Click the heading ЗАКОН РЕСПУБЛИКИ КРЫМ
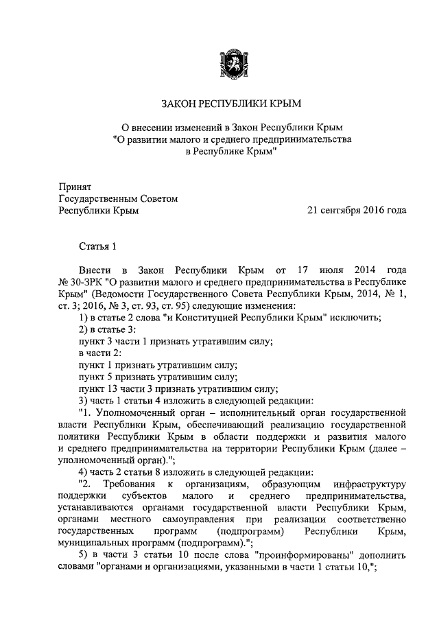pos(230,104)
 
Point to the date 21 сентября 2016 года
pos(357,210)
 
